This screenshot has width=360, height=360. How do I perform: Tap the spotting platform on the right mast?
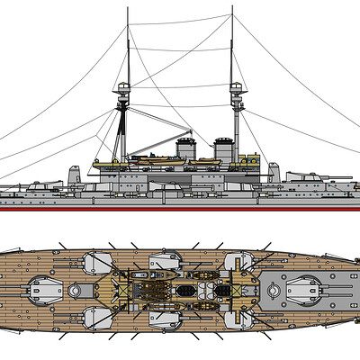(x=238, y=88)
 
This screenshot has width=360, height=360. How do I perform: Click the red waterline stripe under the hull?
(x=180, y=210)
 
